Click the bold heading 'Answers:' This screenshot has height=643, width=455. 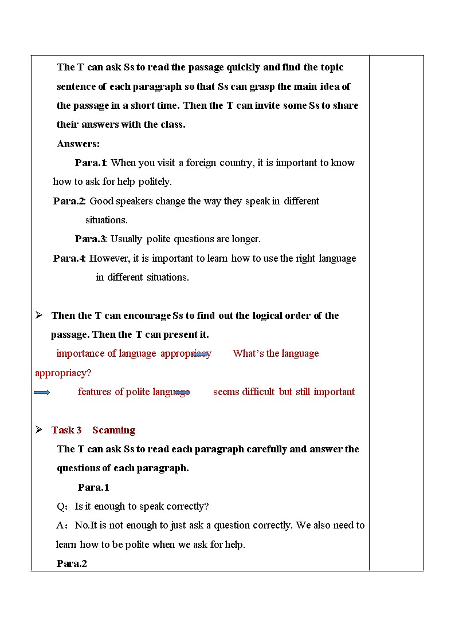[78, 144]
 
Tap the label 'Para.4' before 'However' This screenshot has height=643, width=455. [69, 258]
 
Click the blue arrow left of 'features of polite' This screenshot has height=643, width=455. [42, 392]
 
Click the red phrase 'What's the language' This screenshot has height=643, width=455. [276, 353]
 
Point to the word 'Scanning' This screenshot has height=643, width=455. [113, 430]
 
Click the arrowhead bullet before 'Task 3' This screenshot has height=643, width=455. [39, 429]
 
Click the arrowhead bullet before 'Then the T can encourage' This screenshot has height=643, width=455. [39, 315]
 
